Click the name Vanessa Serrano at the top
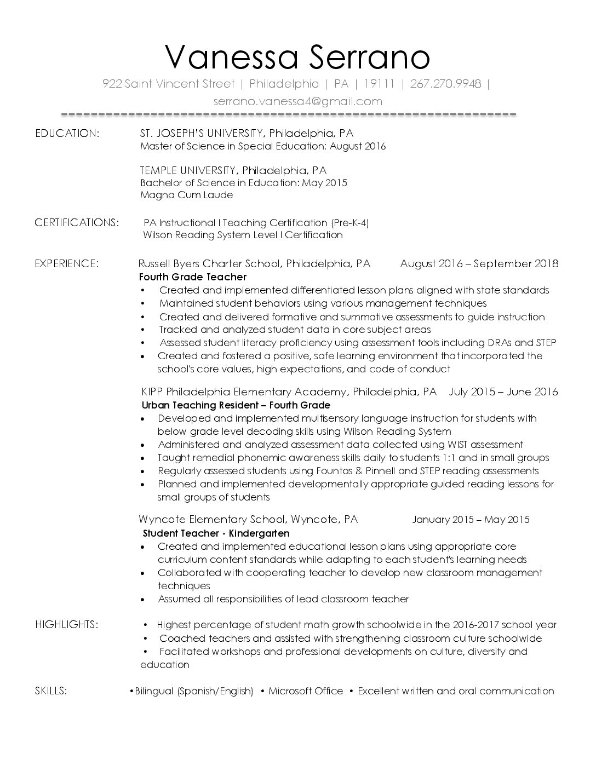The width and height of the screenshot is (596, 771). pyautogui.click(x=297, y=57)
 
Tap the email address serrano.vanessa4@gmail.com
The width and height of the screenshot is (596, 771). pyautogui.click(x=297, y=101)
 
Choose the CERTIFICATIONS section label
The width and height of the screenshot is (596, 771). pyautogui.click(x=77, y=222)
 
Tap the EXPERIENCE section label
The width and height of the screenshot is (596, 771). pyautogui.click(x=67, y=263)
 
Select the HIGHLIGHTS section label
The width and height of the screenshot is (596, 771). pyautogui.click(x=67, y=624)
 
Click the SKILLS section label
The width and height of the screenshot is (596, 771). pyautogui.click(x=51, y=691)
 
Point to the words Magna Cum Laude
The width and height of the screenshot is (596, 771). pyautogui.click(x=186, y=195)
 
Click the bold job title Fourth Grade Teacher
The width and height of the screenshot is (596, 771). pyautogui.click(x=193, y=277)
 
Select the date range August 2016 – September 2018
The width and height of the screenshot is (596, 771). pyautogui.click(x=479, y=263)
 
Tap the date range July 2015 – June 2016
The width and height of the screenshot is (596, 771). pyautogui.click(x=503, y=392)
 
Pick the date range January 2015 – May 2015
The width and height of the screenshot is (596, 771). pyautogui.click(x=471, y=520)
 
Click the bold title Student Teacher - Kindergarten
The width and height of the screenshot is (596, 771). pyautogui.click(x=216, y=533)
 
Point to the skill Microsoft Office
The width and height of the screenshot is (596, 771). pyautogui.click(x=306, y=691)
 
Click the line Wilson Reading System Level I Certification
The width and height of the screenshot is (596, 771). pyautogui.click(x=243, y=235)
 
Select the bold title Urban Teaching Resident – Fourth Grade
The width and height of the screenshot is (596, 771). pyautogui.click(x=236, y=405)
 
